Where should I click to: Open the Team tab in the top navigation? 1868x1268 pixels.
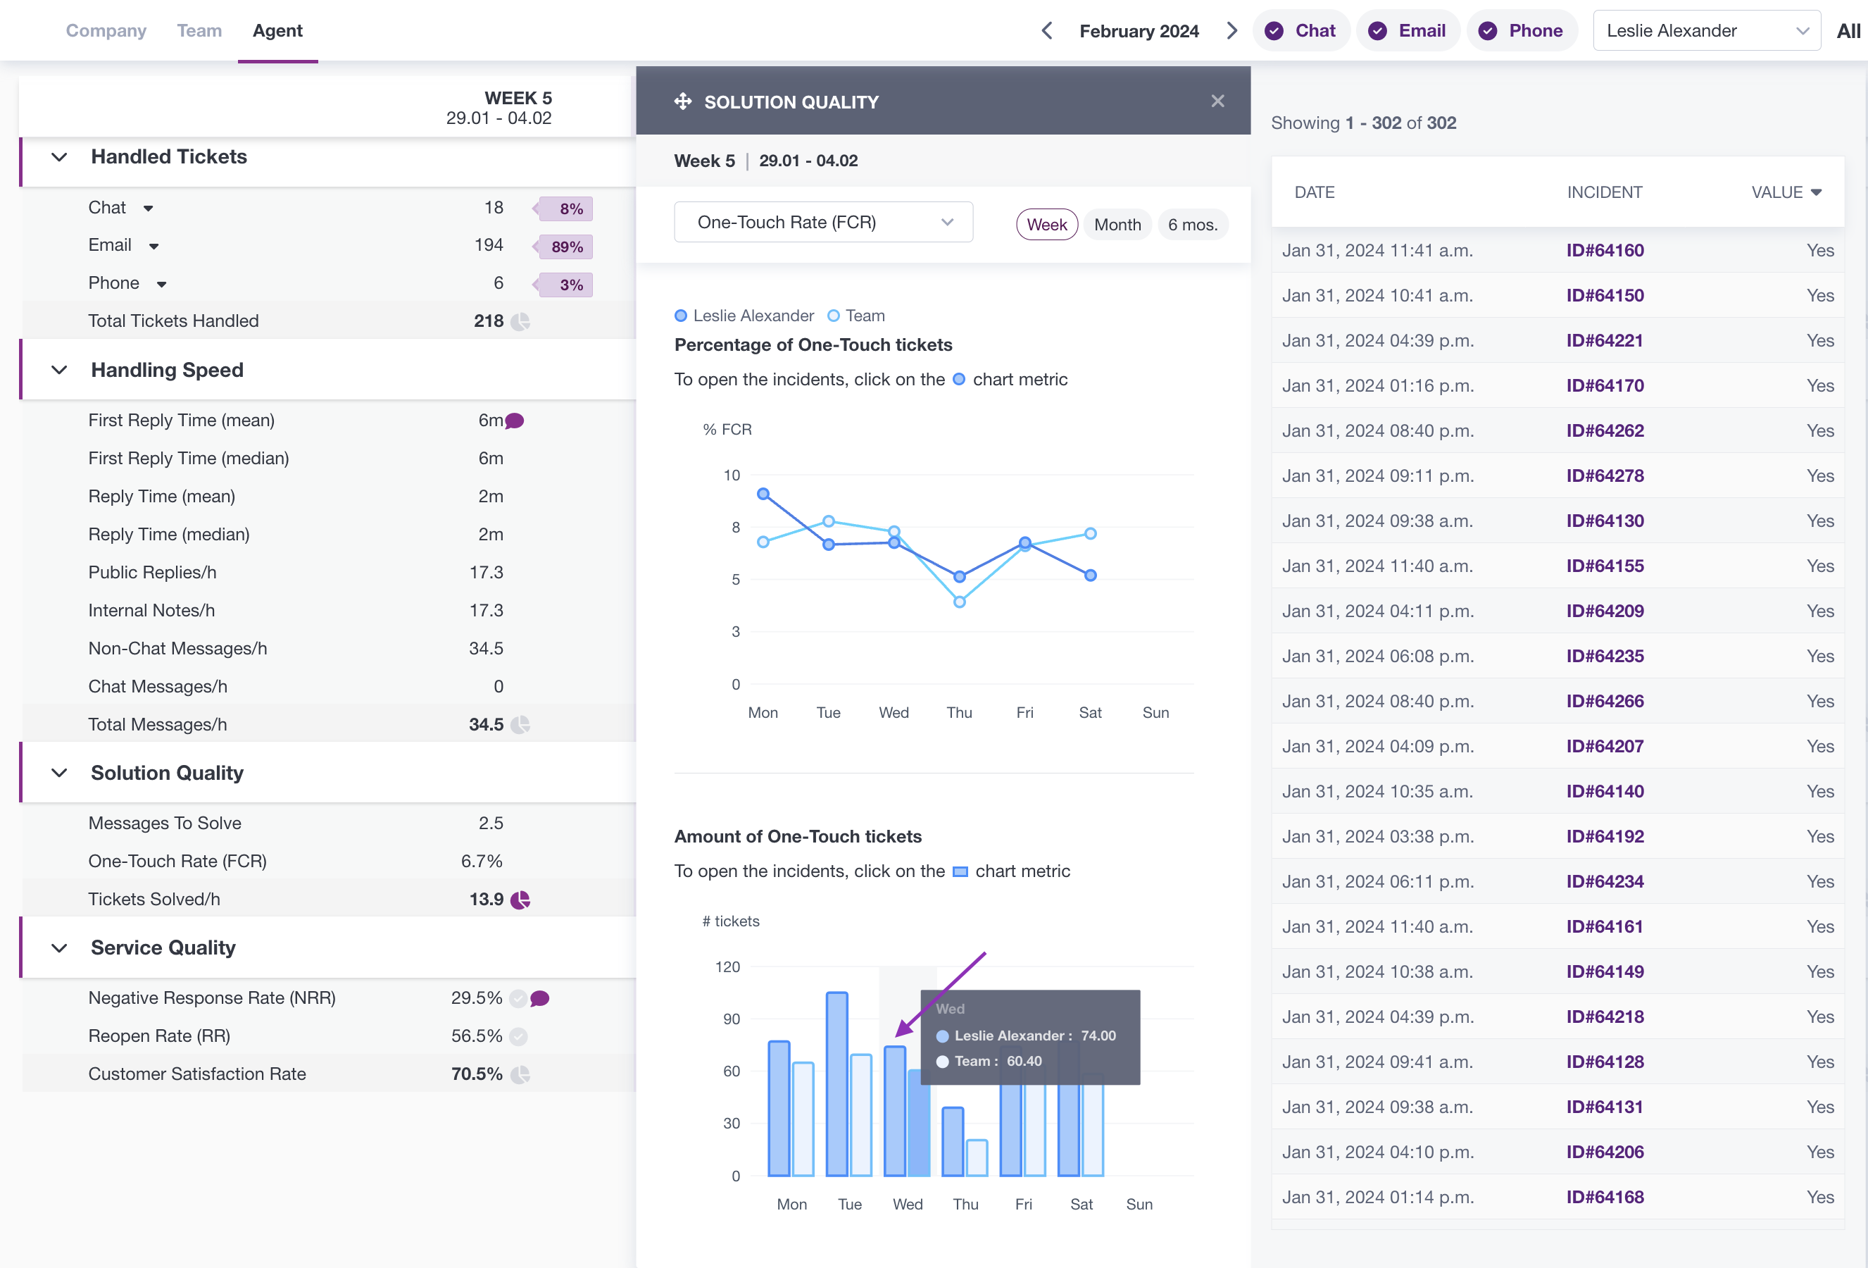pyautogui.click(x=199, y=30)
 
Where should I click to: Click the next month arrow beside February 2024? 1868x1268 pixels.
pyautogui.click(x=1231, y=30)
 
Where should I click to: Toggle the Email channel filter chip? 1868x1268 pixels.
pyautogui.click(x=1408, y=30)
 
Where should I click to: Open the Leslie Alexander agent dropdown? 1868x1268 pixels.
pyautogui.click(x=1707, y=30)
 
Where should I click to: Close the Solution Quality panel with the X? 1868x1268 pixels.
pyautogui.click(x=1217, y=101)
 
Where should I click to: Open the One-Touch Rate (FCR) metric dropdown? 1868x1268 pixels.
pyautogui.click(x=823, y=222)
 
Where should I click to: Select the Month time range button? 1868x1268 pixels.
pyautogui.click(x=1117, y=224)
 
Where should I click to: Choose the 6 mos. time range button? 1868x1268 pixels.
pyautogui.click(x=1193, y=224)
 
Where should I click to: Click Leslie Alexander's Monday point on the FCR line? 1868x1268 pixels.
pyautogui.click(x=763, y=494)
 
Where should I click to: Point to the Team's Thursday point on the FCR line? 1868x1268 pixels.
pyautogui.click(x=960, y=602)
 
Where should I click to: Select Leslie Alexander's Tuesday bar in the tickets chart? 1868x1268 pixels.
pyautogui.click(x=836, y=1084)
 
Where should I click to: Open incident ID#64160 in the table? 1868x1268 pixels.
pyautogui.click(x=1605, y=250)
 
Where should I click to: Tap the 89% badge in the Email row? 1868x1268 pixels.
pyautogui.click(x=566, y=247)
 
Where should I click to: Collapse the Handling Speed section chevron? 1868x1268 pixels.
pyautogui.click(x=59, y=370)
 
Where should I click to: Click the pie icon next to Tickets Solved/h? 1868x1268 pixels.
pyautogui.click(x=520, y=900)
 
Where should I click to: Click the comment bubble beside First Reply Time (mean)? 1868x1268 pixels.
pyautogui.click(x=515, y=421)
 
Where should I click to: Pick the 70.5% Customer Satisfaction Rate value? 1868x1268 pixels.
pyautogui.click(x=477, y=1074)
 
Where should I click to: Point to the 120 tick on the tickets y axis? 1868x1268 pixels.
pyautogui.click(x=727, y=966)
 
